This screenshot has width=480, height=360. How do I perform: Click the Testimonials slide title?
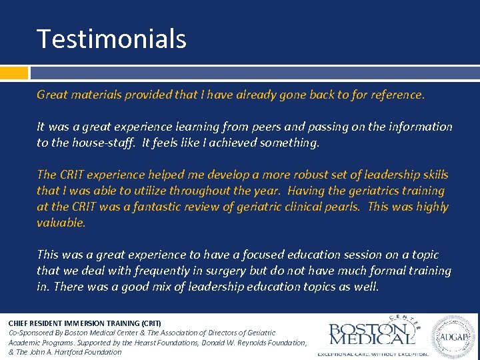(111, 39)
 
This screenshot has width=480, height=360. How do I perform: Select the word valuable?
(61, 223)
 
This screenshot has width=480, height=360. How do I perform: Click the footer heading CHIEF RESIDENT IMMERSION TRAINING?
(85, 323)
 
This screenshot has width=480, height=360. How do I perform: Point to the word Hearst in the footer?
(171, 343)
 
